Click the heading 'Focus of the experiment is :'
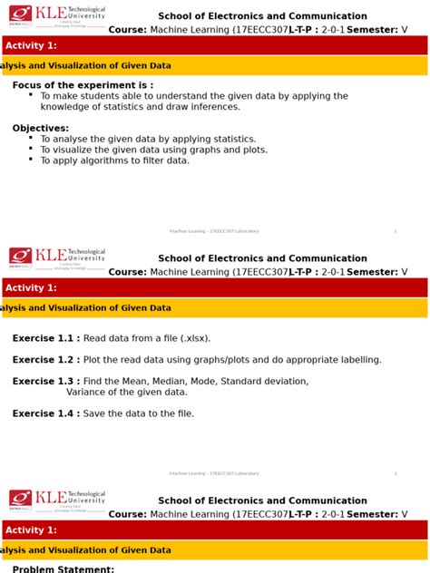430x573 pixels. coord(77,85)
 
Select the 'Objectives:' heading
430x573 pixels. coord(41,129)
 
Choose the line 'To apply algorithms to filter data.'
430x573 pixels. coord(115,160)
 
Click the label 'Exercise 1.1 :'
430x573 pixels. coord(46,338)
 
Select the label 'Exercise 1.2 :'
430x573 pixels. coord(46,360)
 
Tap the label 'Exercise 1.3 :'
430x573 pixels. coord(46,382)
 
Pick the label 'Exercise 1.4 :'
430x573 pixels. coord(46,413)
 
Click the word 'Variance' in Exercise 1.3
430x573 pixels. coord(87,393)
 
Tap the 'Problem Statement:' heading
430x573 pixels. coord(64,569)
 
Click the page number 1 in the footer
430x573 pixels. coord(396,231)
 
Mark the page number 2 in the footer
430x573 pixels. coord(396,473)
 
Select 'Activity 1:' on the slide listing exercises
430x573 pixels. coord(32,288)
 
